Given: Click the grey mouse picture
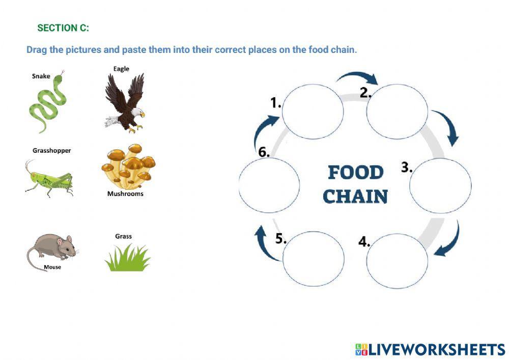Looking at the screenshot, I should point(51,250).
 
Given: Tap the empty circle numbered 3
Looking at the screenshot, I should point(440,186).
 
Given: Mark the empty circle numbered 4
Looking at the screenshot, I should point(397,261).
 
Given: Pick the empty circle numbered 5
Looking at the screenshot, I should point(313,259).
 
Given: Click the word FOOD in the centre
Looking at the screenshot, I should point(355,173).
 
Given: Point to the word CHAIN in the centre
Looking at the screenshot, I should point(355,197).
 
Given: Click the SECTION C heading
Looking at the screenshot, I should point(63,28).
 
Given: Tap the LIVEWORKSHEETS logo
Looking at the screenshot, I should point(430,349).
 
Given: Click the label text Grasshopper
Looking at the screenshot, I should point(51,151).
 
